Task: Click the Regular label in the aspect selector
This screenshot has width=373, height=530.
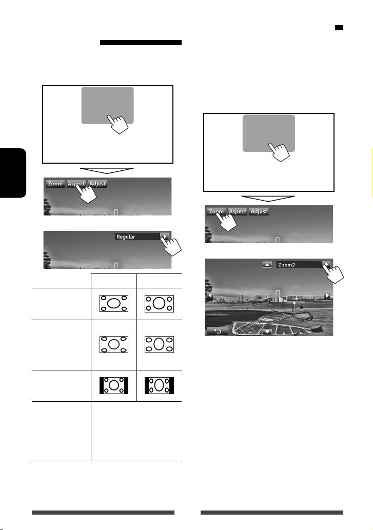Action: pyautogui.click(x=125, y=237)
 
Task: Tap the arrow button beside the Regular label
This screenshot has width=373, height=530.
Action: pyautogui.click(x=165, y=237)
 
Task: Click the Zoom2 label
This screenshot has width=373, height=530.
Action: pyautogui.click(x=286, y=265)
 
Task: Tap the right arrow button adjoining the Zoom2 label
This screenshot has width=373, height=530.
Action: pyautogui.click(x=326, y=264)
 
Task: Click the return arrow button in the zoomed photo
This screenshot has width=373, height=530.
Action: pyautogui.click(x=218, y=331)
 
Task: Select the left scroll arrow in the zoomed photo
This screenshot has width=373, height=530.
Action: pyautogui.click(x=210, y=296)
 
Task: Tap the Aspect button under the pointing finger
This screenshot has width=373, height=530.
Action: pyautogui.click(x=76, y=184)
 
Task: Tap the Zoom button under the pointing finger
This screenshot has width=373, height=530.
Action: pyautogui.click(x=216, y=211)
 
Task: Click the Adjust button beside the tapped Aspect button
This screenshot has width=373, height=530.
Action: pyautogui.click(x=97, y=184)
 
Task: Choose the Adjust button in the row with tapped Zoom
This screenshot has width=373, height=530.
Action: pyautogui.click(x=259, y=211)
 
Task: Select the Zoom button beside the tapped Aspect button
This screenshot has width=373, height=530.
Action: pyautogui.click(x=55, y=184)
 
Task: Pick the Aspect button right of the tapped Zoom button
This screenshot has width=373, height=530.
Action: pyautogui.click(x=237, y=211)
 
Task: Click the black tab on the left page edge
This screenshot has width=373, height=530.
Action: pyautogui.click(x=13, y=173)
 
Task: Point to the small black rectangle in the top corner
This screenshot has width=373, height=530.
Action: pyautogui.click(x=339, y=28)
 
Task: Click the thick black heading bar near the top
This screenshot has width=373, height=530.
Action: pyautogui.click(x=141, y=43)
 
